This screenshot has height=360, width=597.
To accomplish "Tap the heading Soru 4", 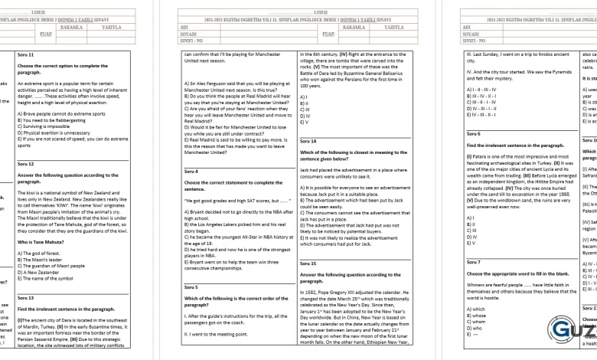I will click(x=191, y=171).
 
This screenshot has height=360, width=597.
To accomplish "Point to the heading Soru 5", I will click(x=191, y=287).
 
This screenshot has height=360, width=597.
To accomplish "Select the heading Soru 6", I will click(x=474, y=133).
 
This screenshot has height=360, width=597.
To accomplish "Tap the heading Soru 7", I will click(x=474, y=262).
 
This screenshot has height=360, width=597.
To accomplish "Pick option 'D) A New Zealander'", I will click(x=42, y=272).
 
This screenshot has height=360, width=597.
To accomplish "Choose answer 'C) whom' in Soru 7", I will click(x=478, y=321).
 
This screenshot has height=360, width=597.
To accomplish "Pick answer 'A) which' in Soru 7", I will click(x=478, y=309).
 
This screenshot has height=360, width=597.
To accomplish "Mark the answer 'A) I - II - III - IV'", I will click(x=485, y=90).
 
